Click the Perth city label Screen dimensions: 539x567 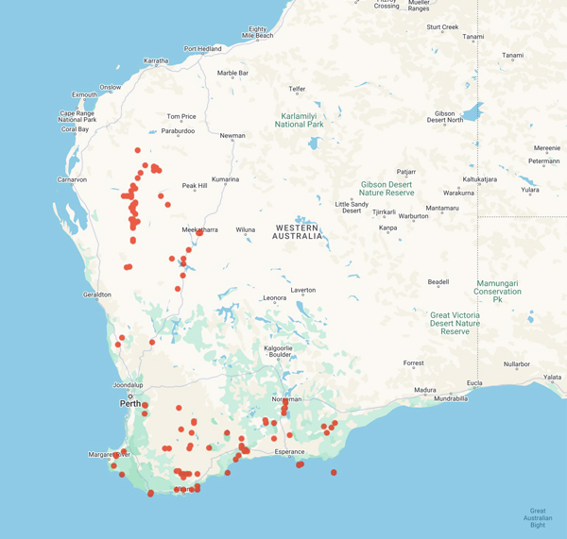point(129,403)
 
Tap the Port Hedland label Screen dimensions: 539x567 point(202,49)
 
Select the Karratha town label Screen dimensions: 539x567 point(156,61)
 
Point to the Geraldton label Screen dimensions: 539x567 point(97,295)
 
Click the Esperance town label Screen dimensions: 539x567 point(290,452)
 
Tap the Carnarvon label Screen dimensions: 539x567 point(72,179)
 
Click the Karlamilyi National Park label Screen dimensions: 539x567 point(300,120)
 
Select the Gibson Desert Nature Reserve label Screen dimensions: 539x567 point(387,188)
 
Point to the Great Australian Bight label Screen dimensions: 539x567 point(538,517)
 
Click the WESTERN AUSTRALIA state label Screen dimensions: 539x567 point(299,231)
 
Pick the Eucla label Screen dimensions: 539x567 point(473,382)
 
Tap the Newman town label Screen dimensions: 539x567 point(232,136)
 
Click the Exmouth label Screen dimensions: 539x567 point(84,94)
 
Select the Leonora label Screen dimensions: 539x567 point(273,298)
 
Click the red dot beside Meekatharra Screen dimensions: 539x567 point(199,232)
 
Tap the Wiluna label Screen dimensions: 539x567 point(246,229)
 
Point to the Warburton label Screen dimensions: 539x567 point(413,216)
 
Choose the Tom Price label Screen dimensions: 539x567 point(181,117)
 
